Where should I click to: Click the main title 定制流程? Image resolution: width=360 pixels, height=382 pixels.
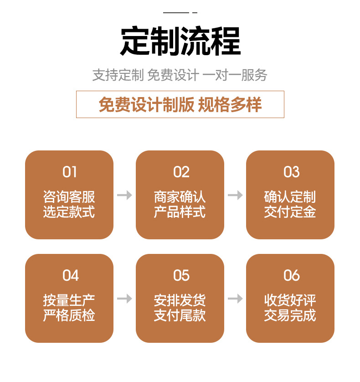coord(180,42)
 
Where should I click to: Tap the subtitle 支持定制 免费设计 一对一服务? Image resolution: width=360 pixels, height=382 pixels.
coord(180,75)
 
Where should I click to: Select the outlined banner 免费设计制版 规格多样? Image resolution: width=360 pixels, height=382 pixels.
coord(180,104)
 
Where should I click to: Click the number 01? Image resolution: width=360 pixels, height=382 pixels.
coord(69,172)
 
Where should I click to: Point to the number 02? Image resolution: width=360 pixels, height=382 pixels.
coord(180,172)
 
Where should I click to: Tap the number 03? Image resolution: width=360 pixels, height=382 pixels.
coord(291,172)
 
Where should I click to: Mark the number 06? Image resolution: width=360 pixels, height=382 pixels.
coord(291,275)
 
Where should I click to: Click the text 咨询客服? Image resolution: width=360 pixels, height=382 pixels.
coord(69,197)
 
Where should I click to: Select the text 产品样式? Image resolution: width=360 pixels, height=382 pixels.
coord(180,212)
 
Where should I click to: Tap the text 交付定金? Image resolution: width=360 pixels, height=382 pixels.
coord(290,212)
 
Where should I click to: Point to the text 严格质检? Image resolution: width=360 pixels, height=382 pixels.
coord(69,315)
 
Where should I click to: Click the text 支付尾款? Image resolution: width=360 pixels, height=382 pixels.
coord(180,315)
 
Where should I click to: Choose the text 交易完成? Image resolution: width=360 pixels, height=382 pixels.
coord(290,315)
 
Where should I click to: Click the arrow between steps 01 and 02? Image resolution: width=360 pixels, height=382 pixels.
coord(124,195)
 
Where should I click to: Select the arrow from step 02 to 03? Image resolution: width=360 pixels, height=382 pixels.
coord(235,195)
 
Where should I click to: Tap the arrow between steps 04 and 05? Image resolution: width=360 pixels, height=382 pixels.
coord(124,299)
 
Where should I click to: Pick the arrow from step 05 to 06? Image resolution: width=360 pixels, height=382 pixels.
coord(235,299)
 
